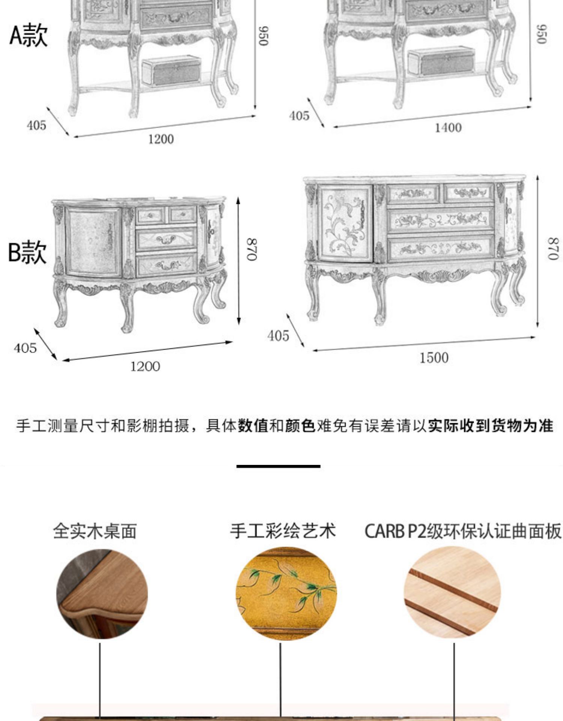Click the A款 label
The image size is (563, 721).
point(29,36)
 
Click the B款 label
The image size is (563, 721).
point(27,252)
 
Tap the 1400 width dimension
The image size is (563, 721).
point(448,128)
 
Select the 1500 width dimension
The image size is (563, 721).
point(434,358)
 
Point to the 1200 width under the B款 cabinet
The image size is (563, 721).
point(145,367)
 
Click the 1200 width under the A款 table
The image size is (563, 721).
point(161,139)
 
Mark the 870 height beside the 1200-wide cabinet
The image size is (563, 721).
point(252,249)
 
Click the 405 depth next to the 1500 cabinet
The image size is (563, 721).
point(278,336)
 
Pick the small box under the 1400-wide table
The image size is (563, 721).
point(441,62)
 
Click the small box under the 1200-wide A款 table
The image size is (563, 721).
point(172,71)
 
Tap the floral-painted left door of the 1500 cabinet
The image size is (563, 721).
point(344,224)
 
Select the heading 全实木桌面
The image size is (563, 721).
point(95,531)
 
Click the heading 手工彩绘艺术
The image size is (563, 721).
point(283,531)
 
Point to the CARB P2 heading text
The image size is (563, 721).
point(462,531)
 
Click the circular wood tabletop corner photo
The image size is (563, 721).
point(102,594)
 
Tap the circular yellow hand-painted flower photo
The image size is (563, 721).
point(286,594)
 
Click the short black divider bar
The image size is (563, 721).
point(278,466)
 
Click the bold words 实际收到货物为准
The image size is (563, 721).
point(490,426)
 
